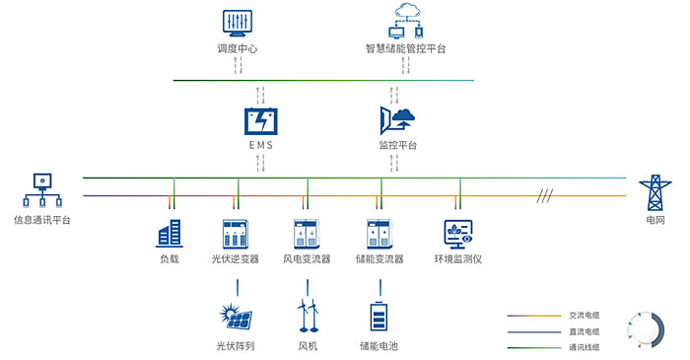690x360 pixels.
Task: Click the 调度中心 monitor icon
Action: (x=236, y=22)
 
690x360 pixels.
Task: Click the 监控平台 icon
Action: (x=397, y=120)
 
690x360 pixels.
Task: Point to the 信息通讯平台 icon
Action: (x=41, y=189)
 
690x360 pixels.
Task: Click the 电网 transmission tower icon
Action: (x=654, y=193)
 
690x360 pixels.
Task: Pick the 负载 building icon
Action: (x=170, y=233)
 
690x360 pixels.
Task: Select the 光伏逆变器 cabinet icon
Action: (x=236, y=233)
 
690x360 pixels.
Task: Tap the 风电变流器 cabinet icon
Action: (x=307, y=233)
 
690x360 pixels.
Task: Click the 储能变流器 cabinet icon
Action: (x=380, y=233)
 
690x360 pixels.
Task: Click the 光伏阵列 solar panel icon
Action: (x=236, y=316)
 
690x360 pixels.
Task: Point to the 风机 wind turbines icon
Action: (x=308, y=316)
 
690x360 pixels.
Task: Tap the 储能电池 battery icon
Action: (x=379, y=316)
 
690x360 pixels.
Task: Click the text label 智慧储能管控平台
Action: (x=405, y=47)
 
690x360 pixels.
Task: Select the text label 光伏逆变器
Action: (x=236, y=259)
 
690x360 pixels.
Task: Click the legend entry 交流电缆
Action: (x=585, y=316)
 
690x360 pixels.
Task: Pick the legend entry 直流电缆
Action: (x=585, y=331)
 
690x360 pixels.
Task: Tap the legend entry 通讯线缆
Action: (x=585, y=347)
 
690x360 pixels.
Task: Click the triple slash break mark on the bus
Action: (x=544, y=194)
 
